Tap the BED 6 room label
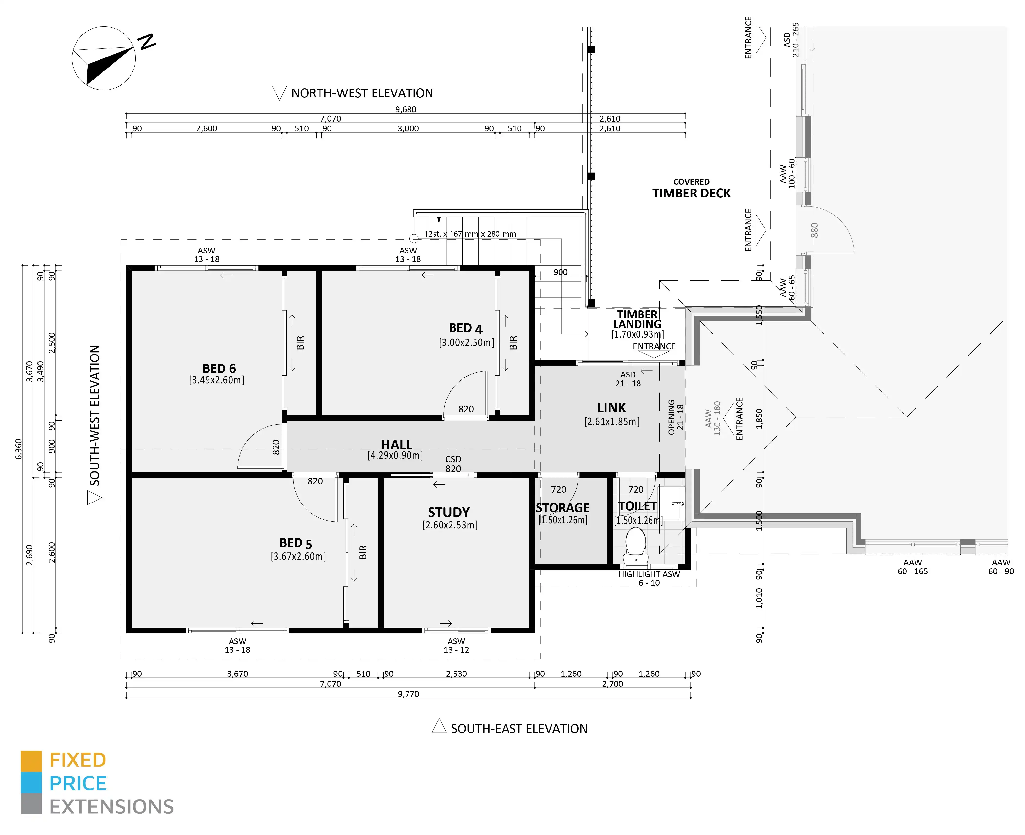pos(219,368)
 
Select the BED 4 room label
pos(465,328)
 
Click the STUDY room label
pos(449,512)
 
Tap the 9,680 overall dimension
pos(406,109)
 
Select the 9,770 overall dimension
pos(408,694)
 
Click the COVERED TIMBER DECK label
pos(692,189)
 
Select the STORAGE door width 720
pos(558,489)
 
